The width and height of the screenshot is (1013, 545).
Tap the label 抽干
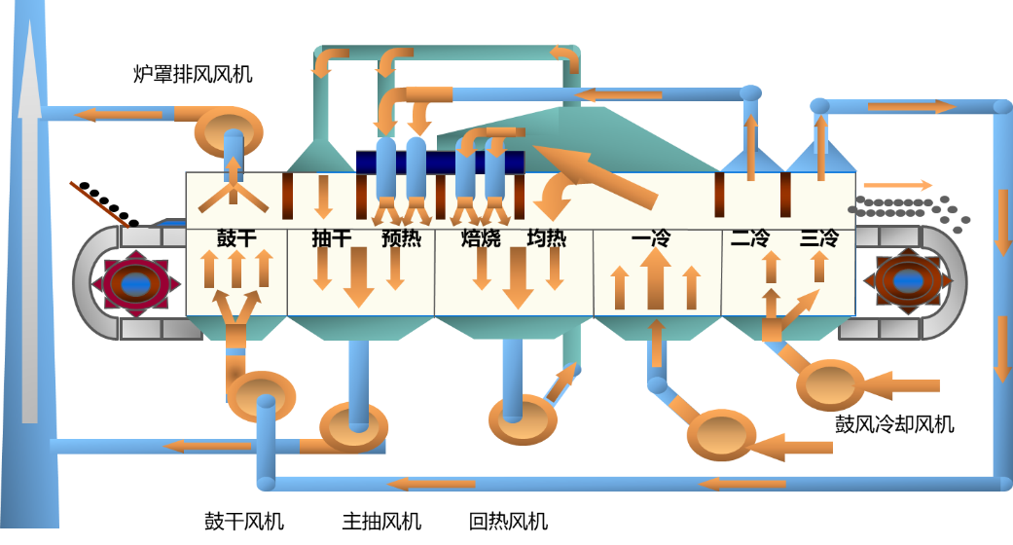(331, 237)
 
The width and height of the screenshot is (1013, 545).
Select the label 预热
(401, 237)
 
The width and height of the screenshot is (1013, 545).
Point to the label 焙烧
(481, 237)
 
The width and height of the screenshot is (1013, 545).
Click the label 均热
(546, 237)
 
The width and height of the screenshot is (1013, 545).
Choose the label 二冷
(751, 237)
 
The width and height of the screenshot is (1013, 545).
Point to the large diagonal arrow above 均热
(594, 175)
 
